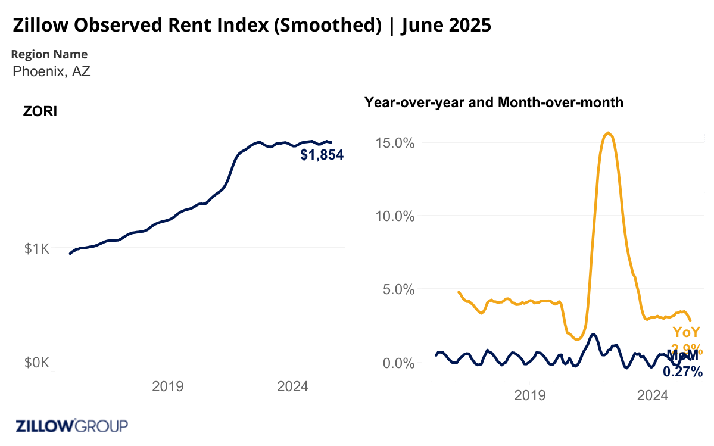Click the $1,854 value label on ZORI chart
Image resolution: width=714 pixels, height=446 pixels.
point(322,155)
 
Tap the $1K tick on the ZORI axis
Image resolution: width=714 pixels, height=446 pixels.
point(37,248)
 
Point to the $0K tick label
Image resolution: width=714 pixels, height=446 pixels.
point(37,363)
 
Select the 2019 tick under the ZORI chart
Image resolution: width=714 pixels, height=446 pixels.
point(168,386)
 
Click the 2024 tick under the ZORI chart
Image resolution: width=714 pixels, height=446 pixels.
point(292,386)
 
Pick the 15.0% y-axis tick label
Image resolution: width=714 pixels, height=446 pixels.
point(396,143)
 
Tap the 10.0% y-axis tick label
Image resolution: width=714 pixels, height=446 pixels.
point(396,216)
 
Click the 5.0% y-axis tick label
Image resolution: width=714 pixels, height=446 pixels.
point(399,289)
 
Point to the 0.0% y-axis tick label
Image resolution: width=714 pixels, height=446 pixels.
point(399,363)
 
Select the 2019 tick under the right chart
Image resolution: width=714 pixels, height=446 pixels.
point(530,395)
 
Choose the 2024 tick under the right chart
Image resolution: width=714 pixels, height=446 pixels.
point(653,395)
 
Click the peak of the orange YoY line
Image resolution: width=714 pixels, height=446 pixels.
point(607,133)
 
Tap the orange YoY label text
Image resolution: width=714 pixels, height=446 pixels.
point(687,333)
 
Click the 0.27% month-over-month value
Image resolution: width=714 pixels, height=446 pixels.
point(682,372)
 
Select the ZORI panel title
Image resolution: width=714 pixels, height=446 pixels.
point(40,111)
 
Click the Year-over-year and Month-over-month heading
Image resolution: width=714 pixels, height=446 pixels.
point(494,102)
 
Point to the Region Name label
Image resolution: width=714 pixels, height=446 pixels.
point(49,54)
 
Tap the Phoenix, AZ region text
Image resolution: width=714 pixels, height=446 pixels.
point(51,71)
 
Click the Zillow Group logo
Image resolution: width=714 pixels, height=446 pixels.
point(71,426)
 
